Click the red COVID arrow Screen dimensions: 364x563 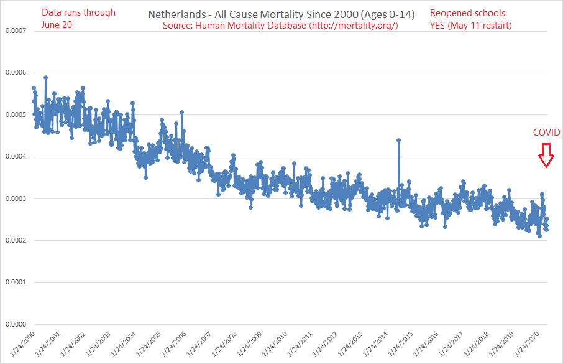click(x=546, y=156)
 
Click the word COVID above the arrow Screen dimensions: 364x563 click(x=546, y=133)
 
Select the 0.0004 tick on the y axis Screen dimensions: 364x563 click(x=16, y=157)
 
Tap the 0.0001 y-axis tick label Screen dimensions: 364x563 click(x=16, y=282)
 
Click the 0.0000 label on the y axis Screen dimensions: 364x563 click(x=16, y=324)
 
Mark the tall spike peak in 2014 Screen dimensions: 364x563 click(x=398, y=140)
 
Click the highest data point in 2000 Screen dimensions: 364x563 click(x=45, y=78)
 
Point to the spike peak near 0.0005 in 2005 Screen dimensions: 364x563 click(x=181, y=113)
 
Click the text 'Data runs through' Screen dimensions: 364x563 click(x=78, y=12)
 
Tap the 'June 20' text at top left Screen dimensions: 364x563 click(x=57, y=24)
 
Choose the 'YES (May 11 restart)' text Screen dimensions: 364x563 click(x=471, y=25)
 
